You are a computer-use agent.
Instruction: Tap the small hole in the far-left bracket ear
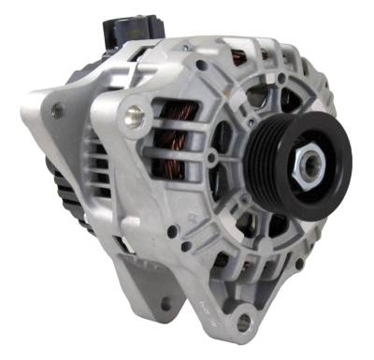pos(58,111)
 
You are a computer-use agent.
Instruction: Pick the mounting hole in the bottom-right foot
pos(245,323)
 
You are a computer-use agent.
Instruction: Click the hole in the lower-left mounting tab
pos(165,303)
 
